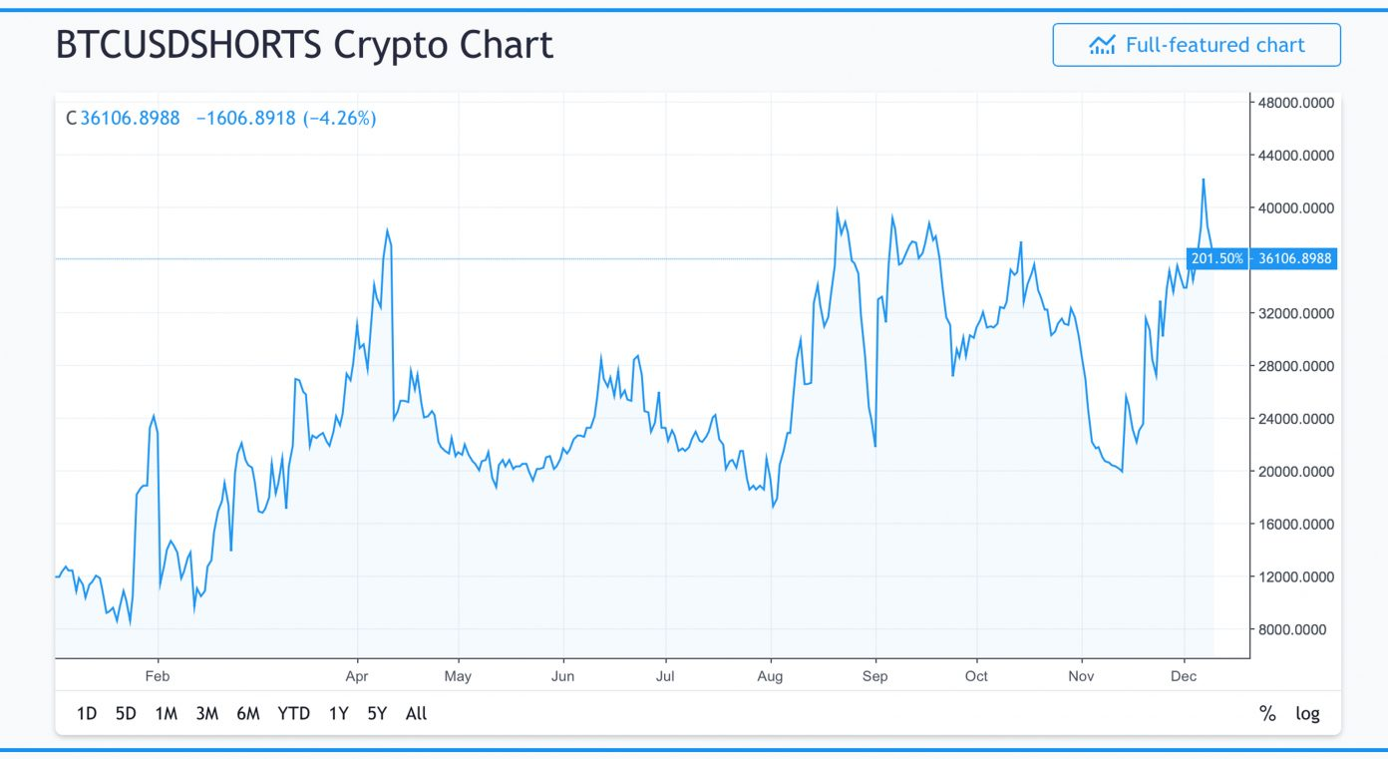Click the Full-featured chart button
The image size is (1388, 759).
(1197, 45)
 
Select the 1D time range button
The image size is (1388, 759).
(87, 714)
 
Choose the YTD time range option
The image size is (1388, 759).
(294, 714)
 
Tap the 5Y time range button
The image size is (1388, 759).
(377, 714)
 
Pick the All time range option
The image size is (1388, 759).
(416, 714)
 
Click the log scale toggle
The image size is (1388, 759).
(1307, 714)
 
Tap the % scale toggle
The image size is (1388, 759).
(1267, 714)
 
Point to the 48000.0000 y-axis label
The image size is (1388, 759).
(1295, 103)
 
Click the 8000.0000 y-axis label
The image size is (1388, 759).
(1291, 629)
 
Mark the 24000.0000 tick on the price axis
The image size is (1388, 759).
(1295, 419)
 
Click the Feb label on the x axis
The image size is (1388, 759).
(158, 676)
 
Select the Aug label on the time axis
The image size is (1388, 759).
(770, 676)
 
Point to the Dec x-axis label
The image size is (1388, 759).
(1184, 676)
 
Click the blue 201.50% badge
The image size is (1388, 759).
(1216, 258)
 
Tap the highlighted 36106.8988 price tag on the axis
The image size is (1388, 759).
(1294, 258)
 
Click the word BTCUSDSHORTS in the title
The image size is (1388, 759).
(189, 45)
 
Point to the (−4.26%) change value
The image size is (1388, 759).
(340, 118)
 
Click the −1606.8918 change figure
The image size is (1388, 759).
(246, 118)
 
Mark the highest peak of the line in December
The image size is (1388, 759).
(1204, 180)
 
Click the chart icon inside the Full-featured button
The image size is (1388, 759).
(1103, 45)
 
